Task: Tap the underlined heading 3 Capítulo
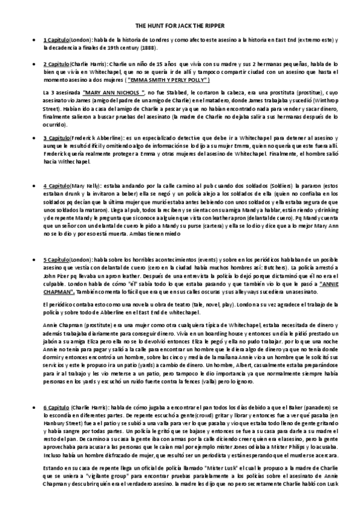tap(56, 138)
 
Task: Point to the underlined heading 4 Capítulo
tap(56, 185)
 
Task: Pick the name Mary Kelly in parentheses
tap(87, 185)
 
